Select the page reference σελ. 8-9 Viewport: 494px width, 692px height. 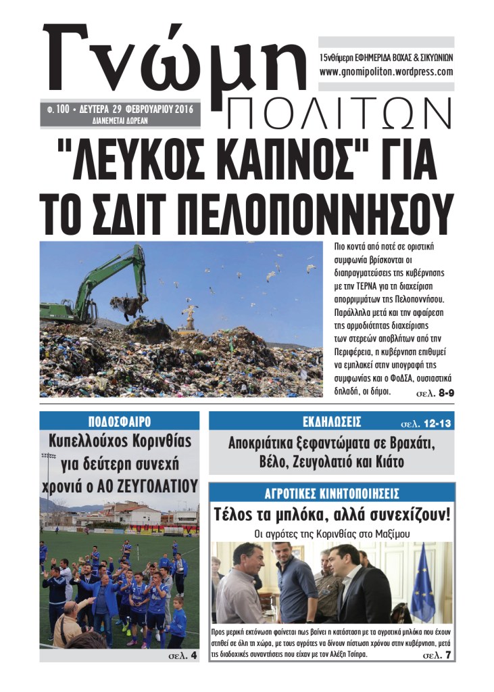pyautogui.click(x=433, y=392)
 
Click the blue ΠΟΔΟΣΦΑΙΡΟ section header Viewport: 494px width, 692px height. pyautogui.click(x=119, y=420)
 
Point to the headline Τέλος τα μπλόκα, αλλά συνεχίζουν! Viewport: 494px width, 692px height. pyautogui.click(x=332, y=513)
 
